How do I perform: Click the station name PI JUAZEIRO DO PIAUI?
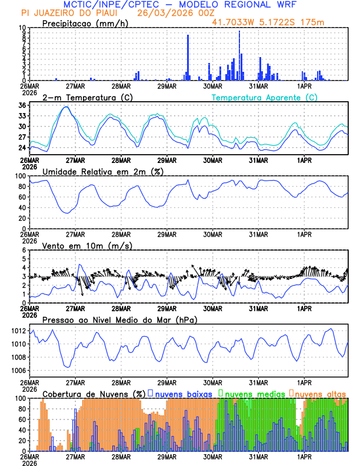pos(65,13)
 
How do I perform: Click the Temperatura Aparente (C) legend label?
pos(265,97)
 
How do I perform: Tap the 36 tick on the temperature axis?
pos(22,105)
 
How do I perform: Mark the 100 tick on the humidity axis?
pos(20,176)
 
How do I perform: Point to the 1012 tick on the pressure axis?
pos(18,331)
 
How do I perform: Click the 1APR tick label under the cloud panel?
pos(304,456)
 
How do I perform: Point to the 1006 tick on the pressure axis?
pos(18,371)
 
